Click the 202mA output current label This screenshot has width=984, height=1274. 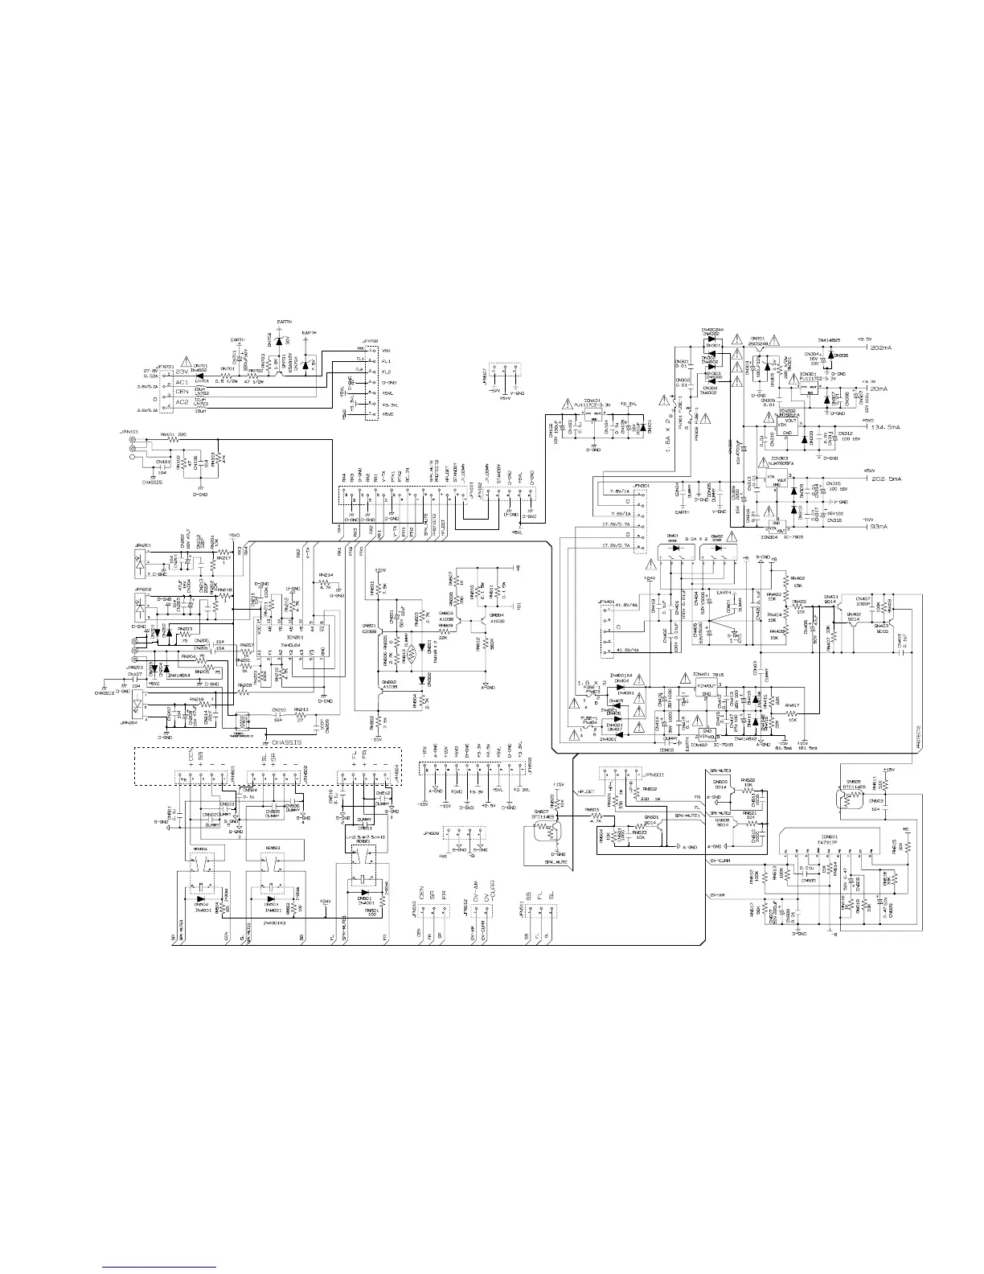[884, 347]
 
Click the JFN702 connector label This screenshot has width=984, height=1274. [371, 341]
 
